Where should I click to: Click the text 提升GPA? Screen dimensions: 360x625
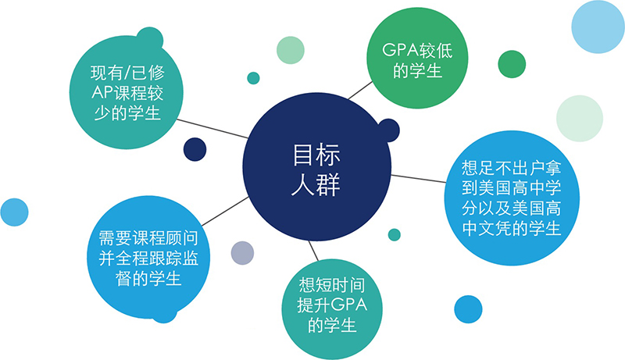point(327,304)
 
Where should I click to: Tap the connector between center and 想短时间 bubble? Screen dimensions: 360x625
point(313,250)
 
